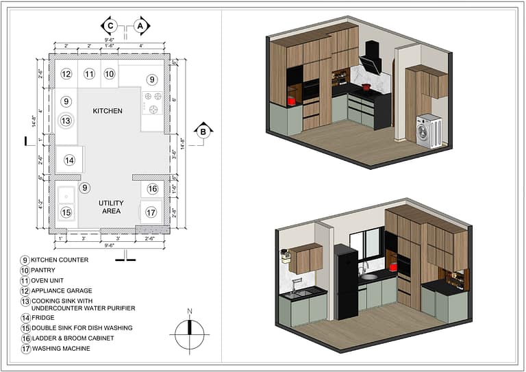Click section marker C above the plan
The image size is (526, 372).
110,26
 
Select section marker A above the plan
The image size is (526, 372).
140,26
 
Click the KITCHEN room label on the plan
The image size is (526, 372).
108,110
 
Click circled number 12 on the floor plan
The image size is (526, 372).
66,74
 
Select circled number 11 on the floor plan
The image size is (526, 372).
89,74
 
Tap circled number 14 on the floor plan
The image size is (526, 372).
69,160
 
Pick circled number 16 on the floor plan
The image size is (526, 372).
152,189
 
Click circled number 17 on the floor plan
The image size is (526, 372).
151,212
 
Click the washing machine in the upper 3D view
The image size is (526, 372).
429,131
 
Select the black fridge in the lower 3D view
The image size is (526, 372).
346,281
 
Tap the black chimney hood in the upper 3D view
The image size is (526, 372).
371,58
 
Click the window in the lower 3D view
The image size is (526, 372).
366,245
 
